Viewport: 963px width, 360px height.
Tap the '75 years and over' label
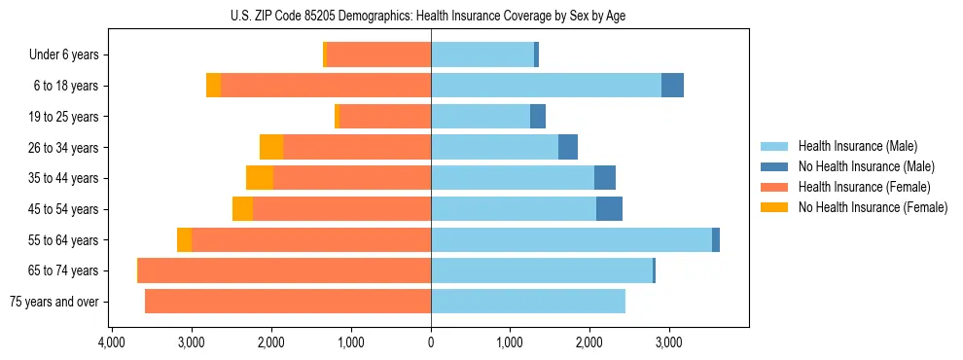(53, 302)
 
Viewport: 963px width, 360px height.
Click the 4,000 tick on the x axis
(112, 342)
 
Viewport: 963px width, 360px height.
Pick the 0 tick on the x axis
(431, 342)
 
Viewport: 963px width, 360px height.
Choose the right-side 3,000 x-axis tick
(669, 342)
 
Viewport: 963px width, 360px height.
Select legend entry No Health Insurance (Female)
(873, 207)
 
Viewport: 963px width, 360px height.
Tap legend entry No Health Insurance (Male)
(866, 166)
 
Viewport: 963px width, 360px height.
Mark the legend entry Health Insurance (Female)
(864, 187)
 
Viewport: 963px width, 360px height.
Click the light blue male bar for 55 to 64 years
(571, 239)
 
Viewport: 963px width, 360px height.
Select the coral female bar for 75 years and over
(288, 302)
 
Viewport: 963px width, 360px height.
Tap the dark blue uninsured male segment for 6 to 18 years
(672, 86)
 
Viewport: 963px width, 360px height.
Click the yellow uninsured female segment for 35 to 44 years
(260, 178)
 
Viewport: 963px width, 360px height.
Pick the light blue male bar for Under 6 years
(482, 55)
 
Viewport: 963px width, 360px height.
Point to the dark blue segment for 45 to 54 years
(609, 209)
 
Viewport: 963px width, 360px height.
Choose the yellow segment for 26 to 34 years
(271, 147)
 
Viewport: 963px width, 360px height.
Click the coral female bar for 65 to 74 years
(285, 270)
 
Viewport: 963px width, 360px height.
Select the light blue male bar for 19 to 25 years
(481, 117)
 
